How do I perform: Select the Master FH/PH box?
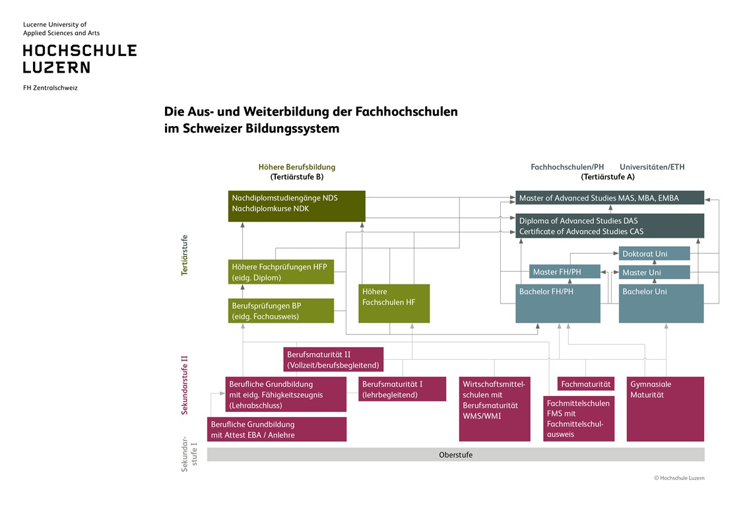(565, 272)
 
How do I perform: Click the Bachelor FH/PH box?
(558, 304)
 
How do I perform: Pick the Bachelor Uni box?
(661, 304)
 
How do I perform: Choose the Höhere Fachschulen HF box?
(394, 304)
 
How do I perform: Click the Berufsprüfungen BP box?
(280, 312)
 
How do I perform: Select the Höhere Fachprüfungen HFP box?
(280, 272)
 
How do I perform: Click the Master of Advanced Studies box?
(610, 198)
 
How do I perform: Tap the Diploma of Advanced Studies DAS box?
(610, 226)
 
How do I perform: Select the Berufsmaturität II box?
(333, 360)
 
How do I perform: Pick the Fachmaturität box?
(586, 384)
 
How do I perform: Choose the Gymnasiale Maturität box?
(665, 409)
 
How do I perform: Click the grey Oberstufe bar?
(455, 455)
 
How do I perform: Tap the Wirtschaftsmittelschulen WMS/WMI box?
(495, 409)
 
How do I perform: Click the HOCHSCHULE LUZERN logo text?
(80, 59)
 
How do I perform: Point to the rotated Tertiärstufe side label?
(185, 255)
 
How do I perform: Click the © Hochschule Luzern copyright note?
(679, 478)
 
